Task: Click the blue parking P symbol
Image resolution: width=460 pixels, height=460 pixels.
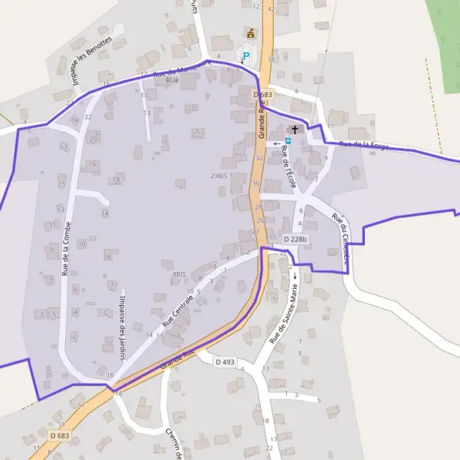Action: click(x=246, y=56)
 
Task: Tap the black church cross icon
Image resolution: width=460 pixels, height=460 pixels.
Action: click(x=294, y=130)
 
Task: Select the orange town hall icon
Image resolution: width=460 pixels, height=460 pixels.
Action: click(x=249, y=33)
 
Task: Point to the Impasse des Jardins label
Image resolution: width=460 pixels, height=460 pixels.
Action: click(x=121, y=327)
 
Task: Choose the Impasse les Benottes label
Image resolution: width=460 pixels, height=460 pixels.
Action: click(x=90, y=61)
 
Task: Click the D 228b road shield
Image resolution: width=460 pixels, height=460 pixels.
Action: click(x=295, y=240)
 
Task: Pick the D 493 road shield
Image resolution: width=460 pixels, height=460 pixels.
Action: click(x=225, y=362)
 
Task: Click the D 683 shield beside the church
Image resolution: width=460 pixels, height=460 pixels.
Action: click(x=262, y=94)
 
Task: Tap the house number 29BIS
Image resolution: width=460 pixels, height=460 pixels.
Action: click(x=219, y=176)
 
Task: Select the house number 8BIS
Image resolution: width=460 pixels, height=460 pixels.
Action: click(x=179, y=274)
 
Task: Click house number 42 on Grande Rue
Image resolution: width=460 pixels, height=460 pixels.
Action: click(x=271, y=9)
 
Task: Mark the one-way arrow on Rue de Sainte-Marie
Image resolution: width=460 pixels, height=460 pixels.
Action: click(x=293, y=274)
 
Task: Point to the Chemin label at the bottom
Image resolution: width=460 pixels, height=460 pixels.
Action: click(x=172, y=443)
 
